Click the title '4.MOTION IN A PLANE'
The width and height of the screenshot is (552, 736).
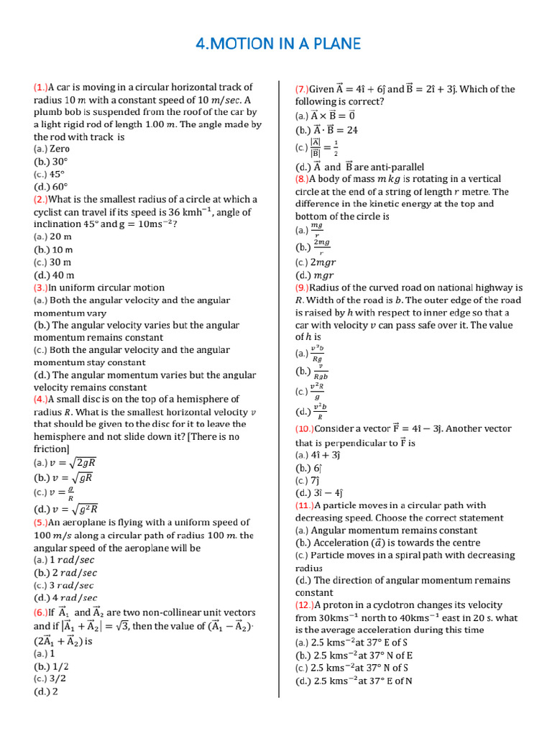coord(277,45)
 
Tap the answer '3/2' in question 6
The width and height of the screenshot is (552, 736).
coord(57,678)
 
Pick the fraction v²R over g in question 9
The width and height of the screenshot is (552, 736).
coord(316,392)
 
